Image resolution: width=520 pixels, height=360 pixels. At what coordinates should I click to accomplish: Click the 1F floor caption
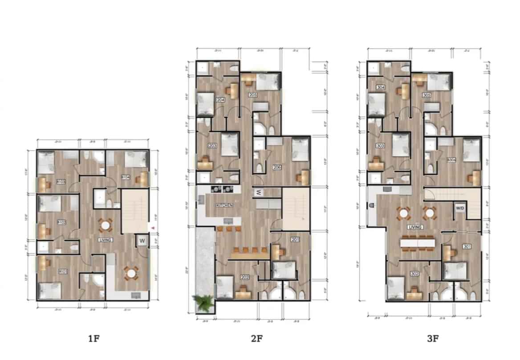[93, 339]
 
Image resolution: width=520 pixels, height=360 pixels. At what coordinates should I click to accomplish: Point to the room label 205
[253, 95]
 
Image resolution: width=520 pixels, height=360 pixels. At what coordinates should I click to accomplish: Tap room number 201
[295, 240]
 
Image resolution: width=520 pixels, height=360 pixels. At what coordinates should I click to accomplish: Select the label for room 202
[244, 278]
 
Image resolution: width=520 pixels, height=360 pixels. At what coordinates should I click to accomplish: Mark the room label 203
[212, 146]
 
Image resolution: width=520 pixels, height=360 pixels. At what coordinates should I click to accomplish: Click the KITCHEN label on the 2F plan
[225, 205]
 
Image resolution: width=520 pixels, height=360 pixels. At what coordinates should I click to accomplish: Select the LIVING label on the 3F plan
[414, 227]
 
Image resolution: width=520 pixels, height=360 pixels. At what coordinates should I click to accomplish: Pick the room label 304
[380, 87]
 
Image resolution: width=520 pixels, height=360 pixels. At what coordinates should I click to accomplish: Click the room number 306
[451, 160]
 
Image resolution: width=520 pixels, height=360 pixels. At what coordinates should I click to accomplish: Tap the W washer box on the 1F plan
[142, 241]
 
